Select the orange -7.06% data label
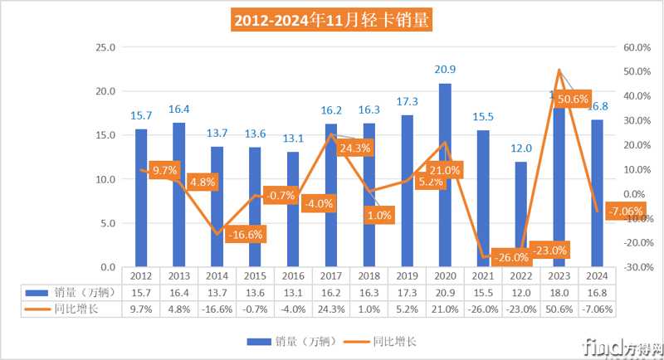point(622,211)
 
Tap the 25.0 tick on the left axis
point(106,47)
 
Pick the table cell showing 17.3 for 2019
point(407,293)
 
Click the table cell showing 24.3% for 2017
point(331,309)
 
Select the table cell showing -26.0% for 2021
point(482,309)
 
